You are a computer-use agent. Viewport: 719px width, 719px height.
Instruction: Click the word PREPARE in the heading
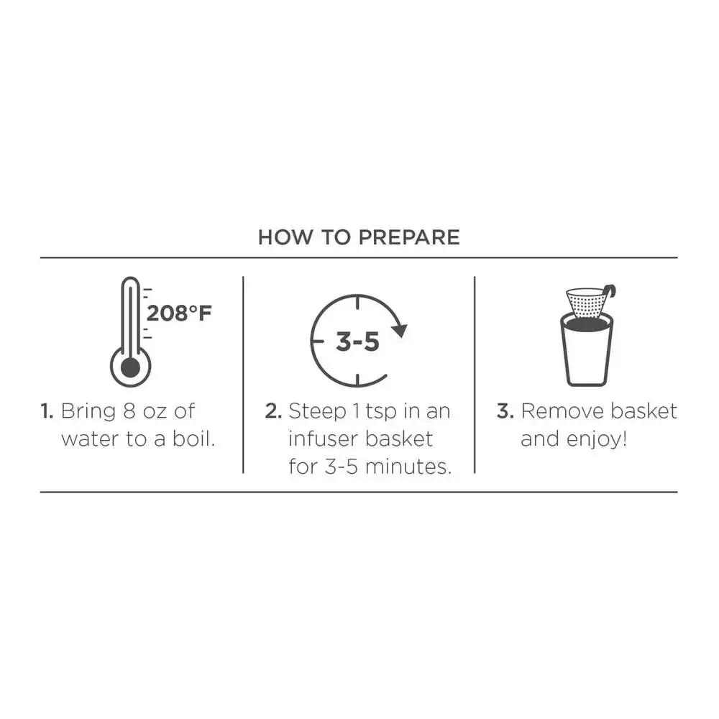coord(409,237)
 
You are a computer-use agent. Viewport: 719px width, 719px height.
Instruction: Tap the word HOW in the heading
coord(285,237)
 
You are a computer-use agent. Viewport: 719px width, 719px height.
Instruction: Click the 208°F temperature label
coord(179,313)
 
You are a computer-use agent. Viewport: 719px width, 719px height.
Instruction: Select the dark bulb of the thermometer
coord(131,367)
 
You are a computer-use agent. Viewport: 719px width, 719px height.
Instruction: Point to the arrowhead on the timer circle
coord(399,330)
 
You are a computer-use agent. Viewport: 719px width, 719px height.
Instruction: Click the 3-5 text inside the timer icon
coord(357,342)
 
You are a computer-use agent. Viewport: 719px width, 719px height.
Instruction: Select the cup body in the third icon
coord(587,351)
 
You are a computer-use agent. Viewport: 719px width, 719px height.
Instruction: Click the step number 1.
coord(47,411)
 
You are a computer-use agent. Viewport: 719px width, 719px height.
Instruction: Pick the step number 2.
coord(273,411)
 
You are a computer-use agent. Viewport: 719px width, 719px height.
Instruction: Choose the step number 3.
coord(505,411)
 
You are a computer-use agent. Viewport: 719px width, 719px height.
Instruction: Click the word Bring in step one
coord(88,412)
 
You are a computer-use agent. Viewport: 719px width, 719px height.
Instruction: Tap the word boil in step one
coord(193,439)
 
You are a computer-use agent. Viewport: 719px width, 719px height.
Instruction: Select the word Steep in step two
coord(317,412)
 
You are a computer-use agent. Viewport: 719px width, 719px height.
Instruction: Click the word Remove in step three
coord(559,411)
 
